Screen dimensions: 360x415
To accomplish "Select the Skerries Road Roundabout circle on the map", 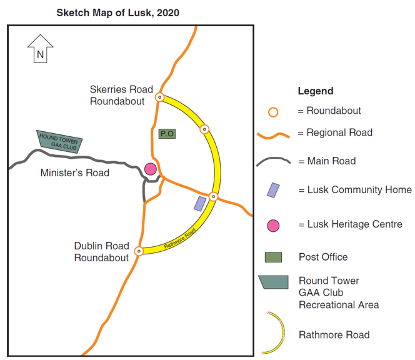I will (x=160, y=97).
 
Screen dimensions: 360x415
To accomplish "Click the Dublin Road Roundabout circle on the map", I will (x=139, y=251).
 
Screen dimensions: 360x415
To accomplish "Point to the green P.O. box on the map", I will (x=166, y=134).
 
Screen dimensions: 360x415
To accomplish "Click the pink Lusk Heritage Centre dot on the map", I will (x=151, y=169).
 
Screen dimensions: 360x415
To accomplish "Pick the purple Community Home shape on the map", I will (x=200, y=204).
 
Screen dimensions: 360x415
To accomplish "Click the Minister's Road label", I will (x=74, y=173).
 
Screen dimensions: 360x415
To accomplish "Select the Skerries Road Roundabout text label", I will (x=121, y=95).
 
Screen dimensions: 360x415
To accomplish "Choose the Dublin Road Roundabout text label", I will (x=101, y=252).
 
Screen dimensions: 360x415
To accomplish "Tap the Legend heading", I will (x=315, y=91).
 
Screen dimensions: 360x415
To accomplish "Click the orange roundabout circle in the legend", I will (x=273, y=112).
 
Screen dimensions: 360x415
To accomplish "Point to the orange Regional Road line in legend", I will (x=273, y=134).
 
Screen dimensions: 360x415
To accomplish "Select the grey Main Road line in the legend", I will (x=273, y=161).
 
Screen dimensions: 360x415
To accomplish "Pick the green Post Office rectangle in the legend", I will (x=273, y=257).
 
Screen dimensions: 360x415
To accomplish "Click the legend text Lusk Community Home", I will (x=354, y=190).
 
